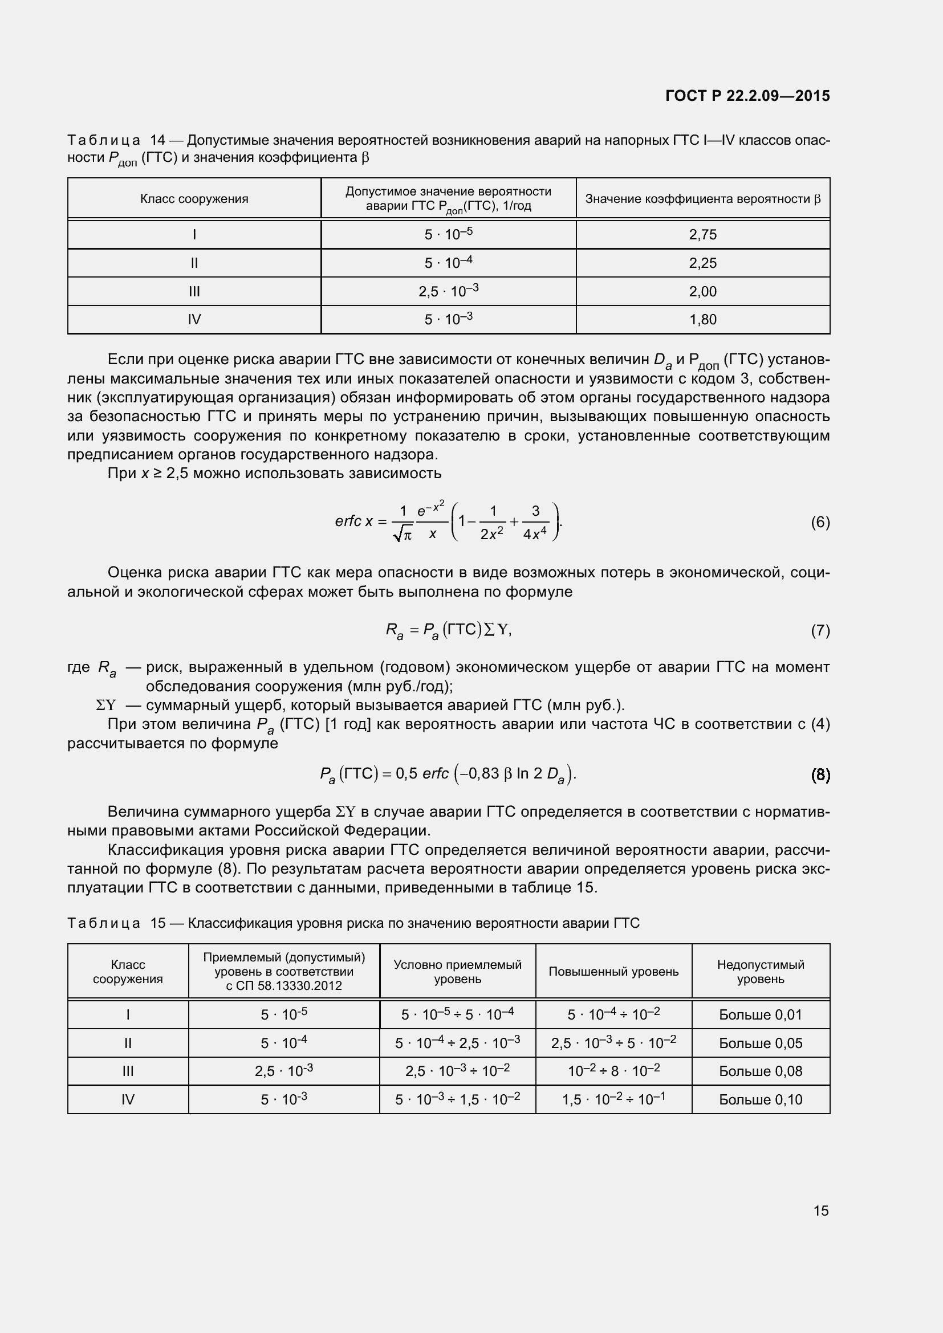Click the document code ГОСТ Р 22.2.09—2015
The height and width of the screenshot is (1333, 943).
point(747,96)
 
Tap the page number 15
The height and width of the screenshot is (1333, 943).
point(820,1210)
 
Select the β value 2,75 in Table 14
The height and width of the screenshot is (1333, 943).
point(702,235)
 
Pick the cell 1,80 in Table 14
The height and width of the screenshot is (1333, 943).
point(702,319)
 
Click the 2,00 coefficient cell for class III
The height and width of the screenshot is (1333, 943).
point(702,291)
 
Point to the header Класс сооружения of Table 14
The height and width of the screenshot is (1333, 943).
point(194,198)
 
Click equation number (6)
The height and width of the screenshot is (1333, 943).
point(820,523)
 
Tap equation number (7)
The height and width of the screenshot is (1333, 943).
point(820,630)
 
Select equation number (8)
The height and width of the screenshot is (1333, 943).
point(820,774)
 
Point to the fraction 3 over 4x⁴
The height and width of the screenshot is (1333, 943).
point(535,523)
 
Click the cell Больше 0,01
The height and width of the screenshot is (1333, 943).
point(760,1015)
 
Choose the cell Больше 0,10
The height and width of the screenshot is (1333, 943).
point(760,1099)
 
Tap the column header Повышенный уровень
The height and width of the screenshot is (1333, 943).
point(613,971)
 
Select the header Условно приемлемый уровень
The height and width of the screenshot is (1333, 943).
point(458,971)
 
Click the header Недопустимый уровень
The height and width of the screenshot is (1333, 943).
point(760,971)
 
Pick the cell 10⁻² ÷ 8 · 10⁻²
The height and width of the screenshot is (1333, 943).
point(613,1071)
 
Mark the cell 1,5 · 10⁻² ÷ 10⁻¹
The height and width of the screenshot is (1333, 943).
point(613,1099)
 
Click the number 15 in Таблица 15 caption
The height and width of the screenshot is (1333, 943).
point(158,923)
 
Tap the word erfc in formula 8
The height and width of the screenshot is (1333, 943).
point(436,774)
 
